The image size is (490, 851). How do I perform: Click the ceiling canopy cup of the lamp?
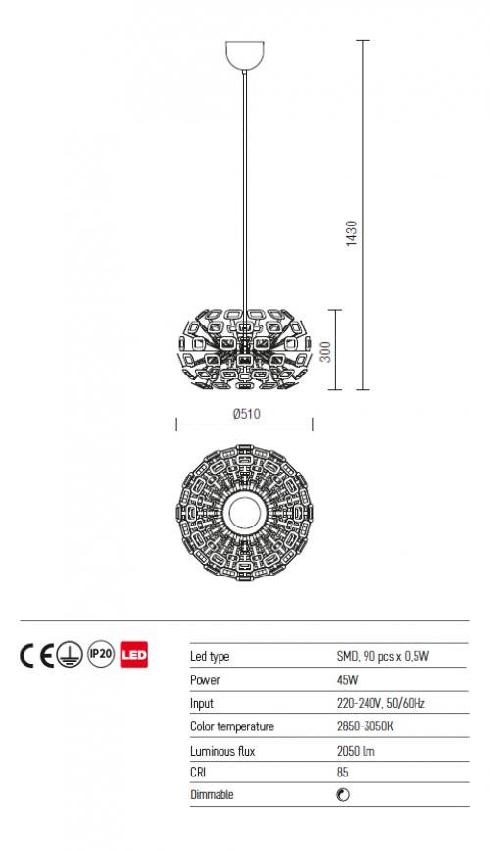245,55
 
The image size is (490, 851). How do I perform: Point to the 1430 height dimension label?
352,233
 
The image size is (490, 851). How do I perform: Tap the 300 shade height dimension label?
325,352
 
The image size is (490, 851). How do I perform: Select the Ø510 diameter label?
247,414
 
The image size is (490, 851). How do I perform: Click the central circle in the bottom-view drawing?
245,513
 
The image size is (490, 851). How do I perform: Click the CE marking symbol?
37,655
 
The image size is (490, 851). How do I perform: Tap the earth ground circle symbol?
71,655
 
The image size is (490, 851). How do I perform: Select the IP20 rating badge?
102,655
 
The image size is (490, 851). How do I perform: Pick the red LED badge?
133,655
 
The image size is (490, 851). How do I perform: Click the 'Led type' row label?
210,657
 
